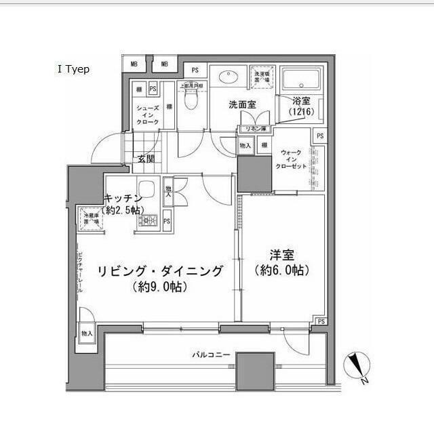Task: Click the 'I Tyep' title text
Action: coord(74,69)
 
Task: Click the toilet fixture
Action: coord(189,100)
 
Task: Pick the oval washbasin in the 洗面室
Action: coord(228,77)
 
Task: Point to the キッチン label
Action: coord(123,197)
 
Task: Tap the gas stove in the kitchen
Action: coord(148,220)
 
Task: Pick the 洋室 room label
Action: coord(281,255)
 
